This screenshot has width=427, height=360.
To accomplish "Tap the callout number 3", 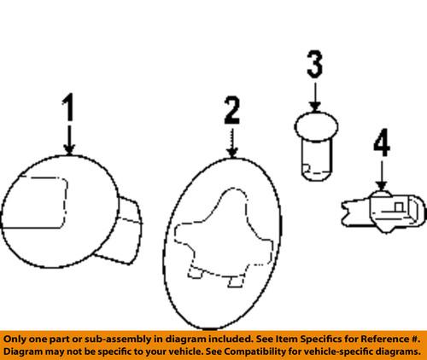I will [314, 65].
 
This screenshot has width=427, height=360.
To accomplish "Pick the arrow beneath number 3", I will [314, 96].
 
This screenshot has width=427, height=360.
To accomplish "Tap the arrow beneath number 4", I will [380, 176].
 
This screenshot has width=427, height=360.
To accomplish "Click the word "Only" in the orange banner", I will [18, 337].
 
